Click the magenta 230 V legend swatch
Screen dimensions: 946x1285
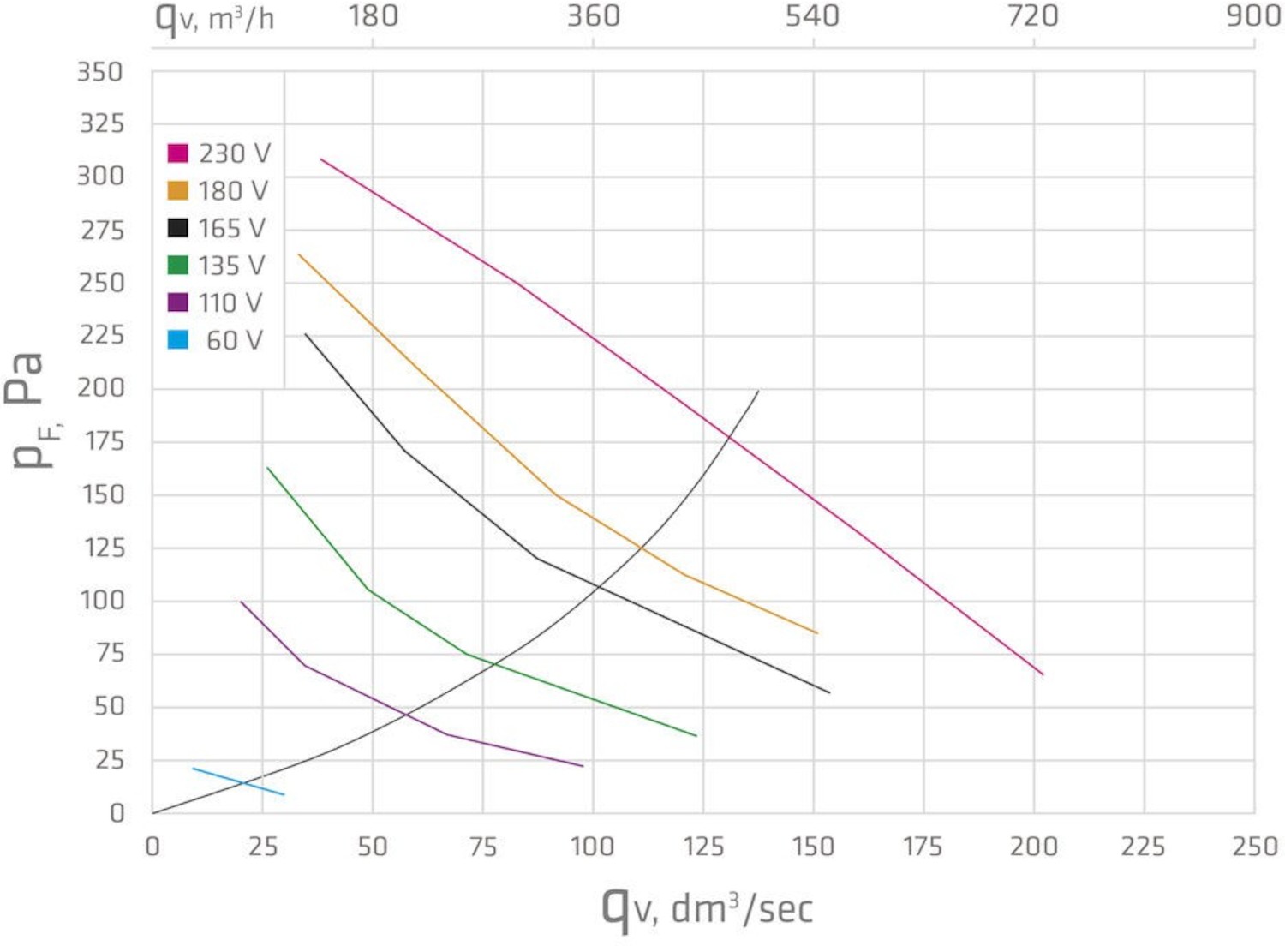pos(177,153)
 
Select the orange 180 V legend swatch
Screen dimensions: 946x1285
pos(177,190)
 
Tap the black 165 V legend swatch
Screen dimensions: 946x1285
pos(177,228)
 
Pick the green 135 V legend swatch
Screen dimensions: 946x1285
pos(177,266)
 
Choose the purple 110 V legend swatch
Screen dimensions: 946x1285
pos(177,302)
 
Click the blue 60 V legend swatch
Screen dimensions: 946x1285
pos(177,340)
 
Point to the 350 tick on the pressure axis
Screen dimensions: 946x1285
pos(100,72)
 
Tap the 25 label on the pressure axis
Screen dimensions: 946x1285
pos(109,760)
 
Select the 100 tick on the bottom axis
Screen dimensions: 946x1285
pos(593,847)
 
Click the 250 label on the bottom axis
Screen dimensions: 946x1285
pos(1255,847)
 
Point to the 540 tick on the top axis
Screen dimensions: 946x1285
pos(812,16)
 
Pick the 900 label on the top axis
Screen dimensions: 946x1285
pos(1253,16)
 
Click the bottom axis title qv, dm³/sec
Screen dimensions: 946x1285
pos(707,907)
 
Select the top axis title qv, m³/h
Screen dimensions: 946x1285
pos(214,17)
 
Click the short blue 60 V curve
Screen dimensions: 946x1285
pos(238,781)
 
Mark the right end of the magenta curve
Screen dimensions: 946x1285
pos(1043,674)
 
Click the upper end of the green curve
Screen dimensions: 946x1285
pos(268,468)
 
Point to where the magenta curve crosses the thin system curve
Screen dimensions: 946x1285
pos(730,439)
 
